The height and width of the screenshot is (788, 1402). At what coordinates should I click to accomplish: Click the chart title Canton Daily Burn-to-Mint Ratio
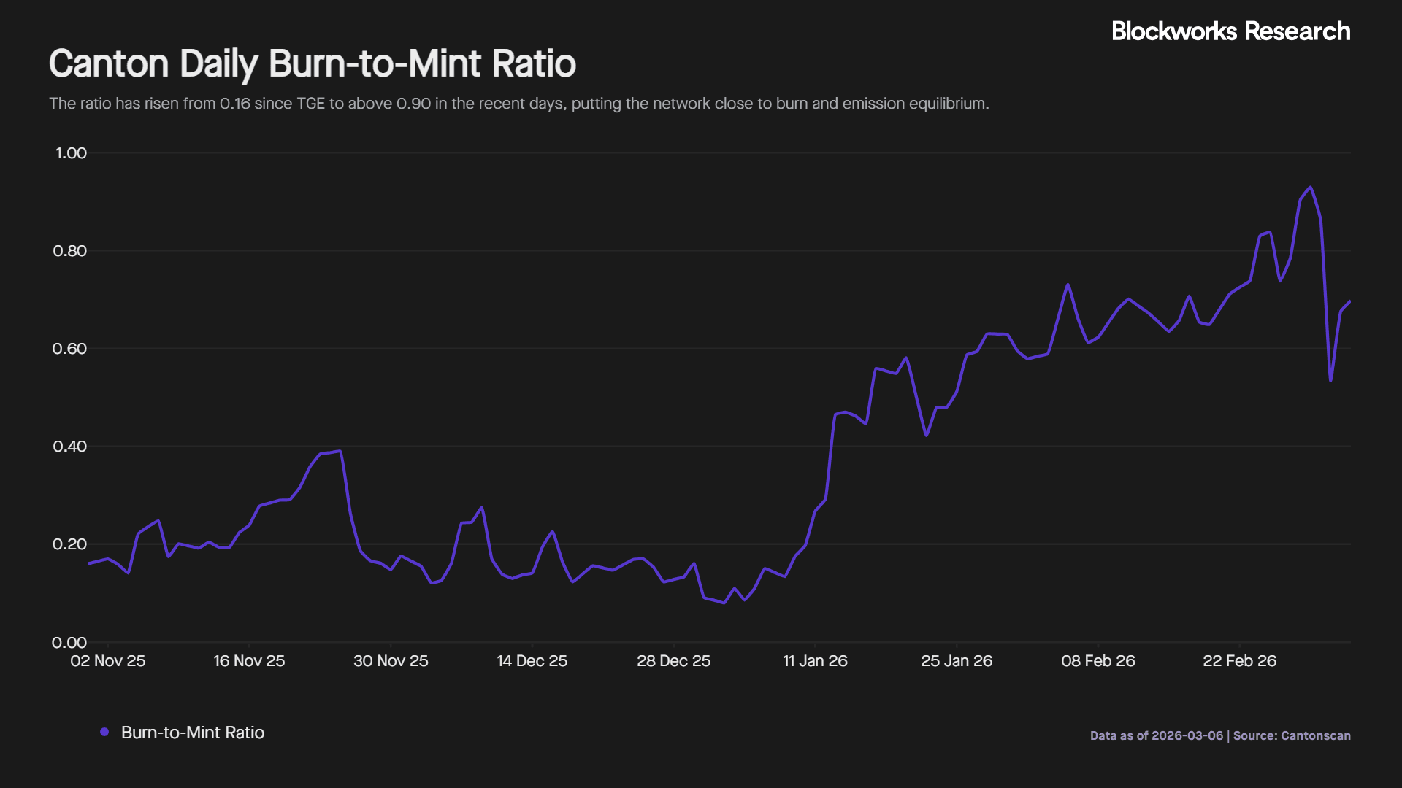tap(313, 64)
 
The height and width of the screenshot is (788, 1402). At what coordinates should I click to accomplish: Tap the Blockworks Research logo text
tap(1230, 31)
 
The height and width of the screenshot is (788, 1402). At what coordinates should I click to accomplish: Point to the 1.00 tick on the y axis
tap(71, 153)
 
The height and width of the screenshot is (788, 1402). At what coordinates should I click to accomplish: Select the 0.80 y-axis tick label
tap(70, 251)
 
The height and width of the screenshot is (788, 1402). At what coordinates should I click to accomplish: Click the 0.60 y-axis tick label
tap(70, 349)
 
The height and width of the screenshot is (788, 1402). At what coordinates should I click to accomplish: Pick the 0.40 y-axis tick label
tap(70, 447)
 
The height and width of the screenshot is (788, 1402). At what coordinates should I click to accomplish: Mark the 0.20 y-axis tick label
tap(70, 544)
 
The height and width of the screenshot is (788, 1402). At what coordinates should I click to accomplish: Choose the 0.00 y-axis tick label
tap(70, 643)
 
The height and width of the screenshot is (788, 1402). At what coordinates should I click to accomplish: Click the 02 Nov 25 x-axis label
tap(108, 661)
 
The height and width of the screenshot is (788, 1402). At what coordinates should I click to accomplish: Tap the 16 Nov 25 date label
tap(249, 661)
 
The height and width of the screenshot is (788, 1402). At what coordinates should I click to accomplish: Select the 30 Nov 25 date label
tap(391, 661)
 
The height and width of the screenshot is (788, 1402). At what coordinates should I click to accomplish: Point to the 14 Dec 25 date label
tap(532, 661)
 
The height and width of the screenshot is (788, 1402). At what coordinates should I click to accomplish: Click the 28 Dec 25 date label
tap(673, 661)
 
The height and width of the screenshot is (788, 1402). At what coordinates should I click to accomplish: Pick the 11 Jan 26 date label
tap(815, 661)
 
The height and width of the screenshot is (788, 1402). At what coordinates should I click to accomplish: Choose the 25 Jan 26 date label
tap(957, 661)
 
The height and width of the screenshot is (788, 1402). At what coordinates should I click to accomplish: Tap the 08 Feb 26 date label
tap(1098, 661)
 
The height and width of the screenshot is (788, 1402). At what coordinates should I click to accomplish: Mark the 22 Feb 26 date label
tap(1239, 661)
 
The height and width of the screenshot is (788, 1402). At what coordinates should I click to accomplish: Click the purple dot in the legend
tap(104, 732)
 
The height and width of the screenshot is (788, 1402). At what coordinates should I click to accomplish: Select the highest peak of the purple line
tap(1311, 188)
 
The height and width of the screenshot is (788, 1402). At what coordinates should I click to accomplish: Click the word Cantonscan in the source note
tap(1316, 735)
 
